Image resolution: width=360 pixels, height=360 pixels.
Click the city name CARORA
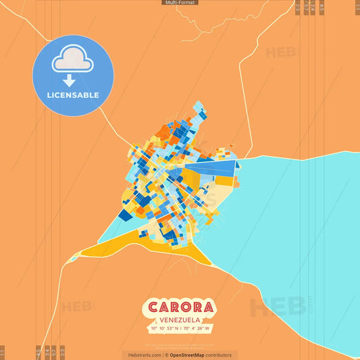179,307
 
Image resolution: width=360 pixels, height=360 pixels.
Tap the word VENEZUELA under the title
180,320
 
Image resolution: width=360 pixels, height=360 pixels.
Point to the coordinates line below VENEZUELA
180,329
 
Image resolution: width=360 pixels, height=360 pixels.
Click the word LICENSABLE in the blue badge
73,95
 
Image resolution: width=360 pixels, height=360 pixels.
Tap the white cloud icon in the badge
73,61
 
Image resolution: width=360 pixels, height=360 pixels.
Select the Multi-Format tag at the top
180,3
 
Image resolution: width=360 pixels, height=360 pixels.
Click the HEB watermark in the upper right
280,53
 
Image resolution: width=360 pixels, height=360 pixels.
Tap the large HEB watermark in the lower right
277,307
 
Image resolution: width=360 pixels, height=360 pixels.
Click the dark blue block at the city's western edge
125,215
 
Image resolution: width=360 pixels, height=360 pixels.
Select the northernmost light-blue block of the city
199,107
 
